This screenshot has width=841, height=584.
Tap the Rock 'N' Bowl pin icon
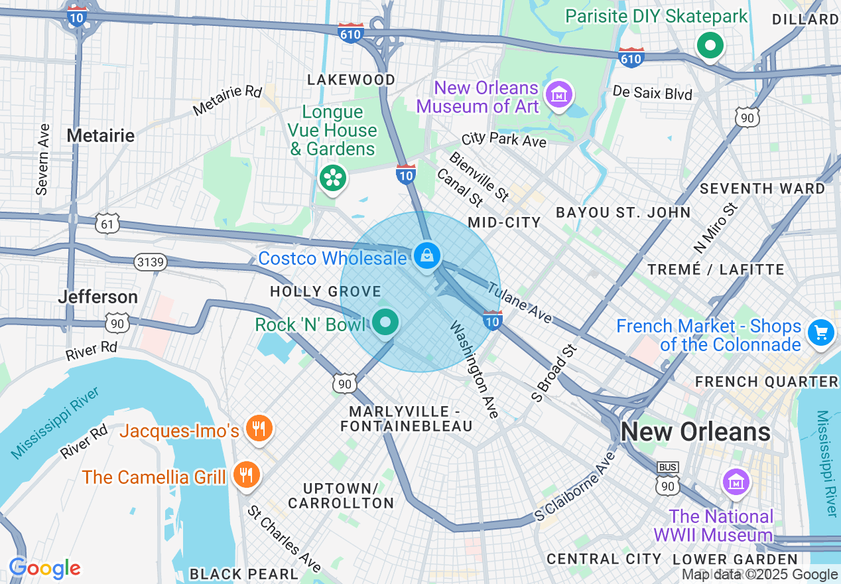[x=385, y=323]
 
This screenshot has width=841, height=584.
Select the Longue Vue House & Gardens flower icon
[x=332, y=178]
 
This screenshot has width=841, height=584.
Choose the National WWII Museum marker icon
[x=736, y=482]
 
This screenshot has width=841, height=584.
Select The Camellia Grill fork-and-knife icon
[x=246, y=475]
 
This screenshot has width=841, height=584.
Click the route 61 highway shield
[x=107, y=224]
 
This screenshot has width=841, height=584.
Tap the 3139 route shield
[x=149, y=263]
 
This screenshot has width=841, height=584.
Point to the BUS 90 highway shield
[x=667, y=478]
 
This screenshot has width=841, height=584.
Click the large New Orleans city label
[x=695, y=432]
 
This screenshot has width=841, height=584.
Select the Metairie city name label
[x=101, y=136]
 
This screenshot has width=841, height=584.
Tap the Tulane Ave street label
[x=520, y=303]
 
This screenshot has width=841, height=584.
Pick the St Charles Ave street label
[x=284, y=538]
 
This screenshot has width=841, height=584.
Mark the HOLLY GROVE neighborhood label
[x=325, y=291]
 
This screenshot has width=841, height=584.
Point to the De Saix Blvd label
[x=653, y=93]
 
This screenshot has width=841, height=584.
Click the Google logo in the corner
[x=45, y=568]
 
